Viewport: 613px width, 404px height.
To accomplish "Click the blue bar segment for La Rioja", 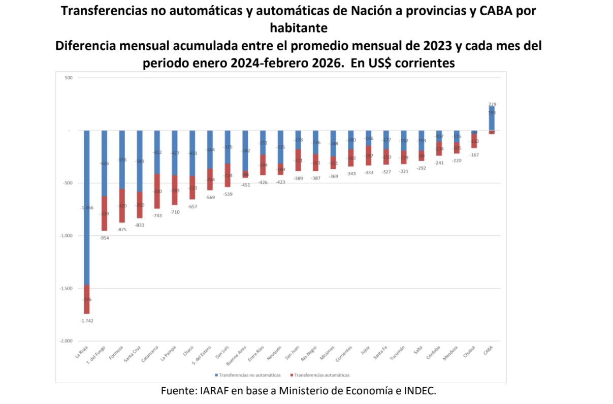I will click(86, 207).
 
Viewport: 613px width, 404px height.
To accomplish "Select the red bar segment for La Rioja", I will click(86, 299).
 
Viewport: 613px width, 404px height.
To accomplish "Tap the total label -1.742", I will click(86, 321).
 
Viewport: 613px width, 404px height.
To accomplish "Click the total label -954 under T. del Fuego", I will click(104, 238).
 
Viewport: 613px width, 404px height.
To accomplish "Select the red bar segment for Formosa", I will click(122, 205).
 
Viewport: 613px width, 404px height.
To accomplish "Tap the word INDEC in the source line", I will click(420, 391).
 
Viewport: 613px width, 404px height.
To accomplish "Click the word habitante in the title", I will click(299, 26).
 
